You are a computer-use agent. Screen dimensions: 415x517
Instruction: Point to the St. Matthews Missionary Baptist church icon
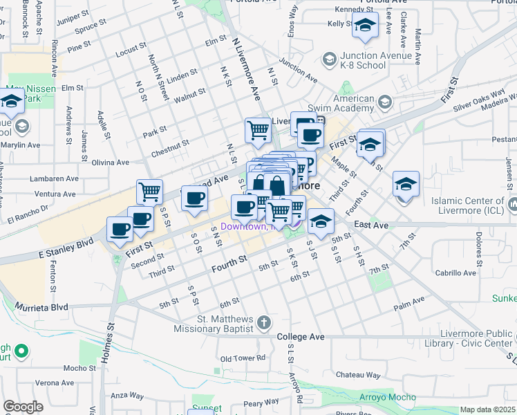pos(264,323)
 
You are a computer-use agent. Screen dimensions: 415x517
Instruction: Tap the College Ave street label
pos(301,337)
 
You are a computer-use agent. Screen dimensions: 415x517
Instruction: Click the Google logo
pos(23,406)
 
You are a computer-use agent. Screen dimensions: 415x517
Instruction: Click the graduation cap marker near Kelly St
pos(364,27)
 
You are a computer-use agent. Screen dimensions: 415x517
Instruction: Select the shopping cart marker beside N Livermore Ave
pos(258,129)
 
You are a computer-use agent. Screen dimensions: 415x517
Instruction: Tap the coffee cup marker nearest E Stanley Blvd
pos(119,230)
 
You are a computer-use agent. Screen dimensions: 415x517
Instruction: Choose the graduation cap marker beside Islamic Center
pos(406,184)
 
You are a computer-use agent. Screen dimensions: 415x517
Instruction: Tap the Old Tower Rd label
pos(243,358)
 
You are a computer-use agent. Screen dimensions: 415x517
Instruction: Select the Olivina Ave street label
pos(111,163)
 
